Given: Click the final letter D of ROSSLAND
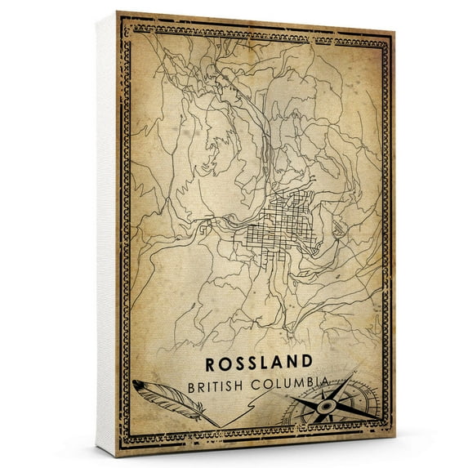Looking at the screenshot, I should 305,361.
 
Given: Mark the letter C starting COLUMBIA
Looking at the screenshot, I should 259,383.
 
